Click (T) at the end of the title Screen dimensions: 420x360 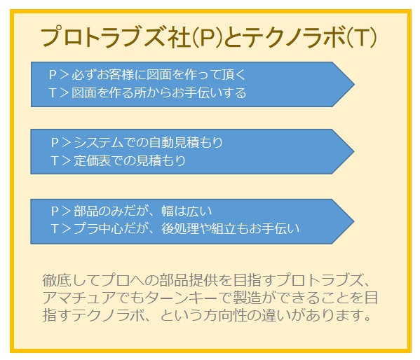click(362, 37)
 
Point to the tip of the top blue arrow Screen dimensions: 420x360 click(354, 84)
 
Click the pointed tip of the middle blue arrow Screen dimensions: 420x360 click(354, 151)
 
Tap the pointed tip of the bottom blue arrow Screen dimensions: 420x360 click(354, 221)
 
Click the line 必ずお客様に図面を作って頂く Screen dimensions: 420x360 click(158, 74)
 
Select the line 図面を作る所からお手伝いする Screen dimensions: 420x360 click(158, 93)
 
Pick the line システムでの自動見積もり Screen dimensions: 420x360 click(148, 142)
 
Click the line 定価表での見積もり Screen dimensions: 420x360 click(130, 160)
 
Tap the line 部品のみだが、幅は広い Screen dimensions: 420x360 click(143, 211)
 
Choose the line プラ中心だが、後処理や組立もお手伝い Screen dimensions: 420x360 click(187, 228)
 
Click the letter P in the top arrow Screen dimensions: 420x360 click(53, 75)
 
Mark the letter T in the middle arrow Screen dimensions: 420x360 click(55, 161)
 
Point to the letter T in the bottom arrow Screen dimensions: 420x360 click(55, 229)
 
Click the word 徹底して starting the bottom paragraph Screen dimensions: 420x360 click(71, 280)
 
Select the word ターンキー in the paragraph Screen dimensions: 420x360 click(182, 298)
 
